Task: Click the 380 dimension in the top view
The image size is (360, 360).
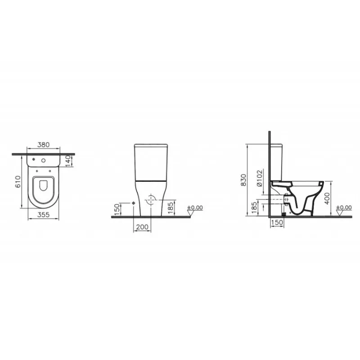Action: coord(43,145)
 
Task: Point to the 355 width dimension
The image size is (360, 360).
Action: coord(43,215)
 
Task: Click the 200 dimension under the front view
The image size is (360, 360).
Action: coord(142,227)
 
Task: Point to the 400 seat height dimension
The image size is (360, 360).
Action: coord(327,198)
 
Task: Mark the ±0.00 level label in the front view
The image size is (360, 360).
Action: coord(195,208)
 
